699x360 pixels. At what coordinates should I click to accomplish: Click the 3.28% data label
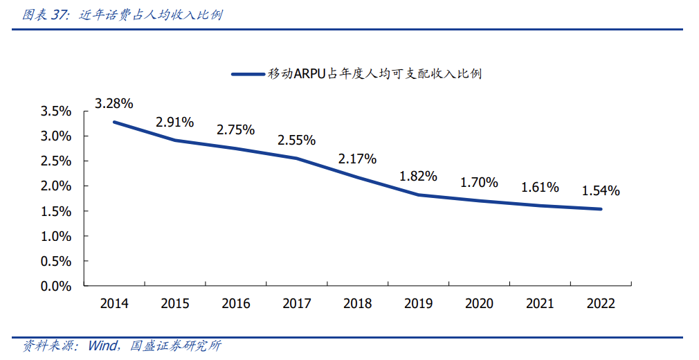(114, 104)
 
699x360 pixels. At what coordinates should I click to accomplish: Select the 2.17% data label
(357, 159)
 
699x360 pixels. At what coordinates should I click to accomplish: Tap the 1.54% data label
(601, 190)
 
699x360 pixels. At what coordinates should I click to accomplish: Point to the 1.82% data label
(418, 176)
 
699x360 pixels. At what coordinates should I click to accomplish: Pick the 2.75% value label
(235, 129)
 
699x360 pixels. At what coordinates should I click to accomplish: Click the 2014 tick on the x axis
(114, 303)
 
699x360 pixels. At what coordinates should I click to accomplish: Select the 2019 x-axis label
(418, 303)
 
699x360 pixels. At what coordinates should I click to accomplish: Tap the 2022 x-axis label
(601, 303)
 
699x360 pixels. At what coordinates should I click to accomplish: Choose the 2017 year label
(296, 303)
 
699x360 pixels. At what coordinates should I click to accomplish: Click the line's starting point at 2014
(114, 123)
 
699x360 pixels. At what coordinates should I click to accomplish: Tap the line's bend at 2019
(418, 195)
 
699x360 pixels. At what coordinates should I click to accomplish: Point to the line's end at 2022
(601, 209)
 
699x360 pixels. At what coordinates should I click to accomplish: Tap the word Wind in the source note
(102, 345)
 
